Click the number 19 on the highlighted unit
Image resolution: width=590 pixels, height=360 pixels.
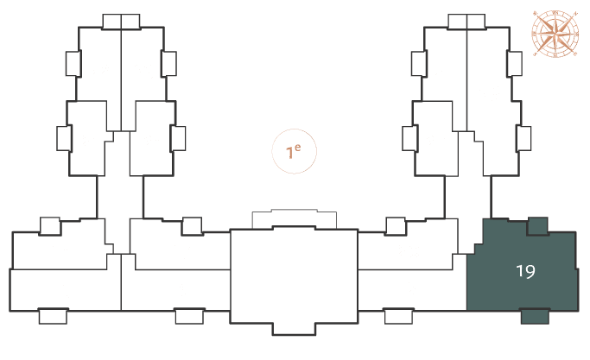[x=525, y=271]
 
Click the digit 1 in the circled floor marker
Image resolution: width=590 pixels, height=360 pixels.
[x=289, y=153]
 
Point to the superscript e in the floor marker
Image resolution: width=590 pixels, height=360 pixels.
[x=298, y=148]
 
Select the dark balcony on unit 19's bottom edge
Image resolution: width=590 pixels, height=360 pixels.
[x=535, y=316]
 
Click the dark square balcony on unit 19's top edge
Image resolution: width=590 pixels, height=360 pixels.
[x=537, y=226]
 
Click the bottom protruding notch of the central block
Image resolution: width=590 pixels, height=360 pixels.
[x=294, y=328]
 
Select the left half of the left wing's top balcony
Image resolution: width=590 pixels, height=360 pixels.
[x=111, y=22]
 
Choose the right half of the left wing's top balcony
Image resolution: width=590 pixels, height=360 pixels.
[x=130, y=22]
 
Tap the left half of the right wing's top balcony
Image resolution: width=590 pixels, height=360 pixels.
[x=458, y=22]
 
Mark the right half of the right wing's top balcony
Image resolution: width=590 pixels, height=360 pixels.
[x=476, y=22]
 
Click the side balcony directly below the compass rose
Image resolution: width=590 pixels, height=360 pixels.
[x=514, y=64]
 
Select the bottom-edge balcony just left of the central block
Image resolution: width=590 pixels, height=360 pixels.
[x=190, y=316]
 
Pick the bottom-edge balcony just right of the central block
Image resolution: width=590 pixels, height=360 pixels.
[x=398, y=316]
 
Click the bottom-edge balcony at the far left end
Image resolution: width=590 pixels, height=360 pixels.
[x=53, y=316]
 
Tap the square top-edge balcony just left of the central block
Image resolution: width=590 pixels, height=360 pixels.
[x=192, y=226]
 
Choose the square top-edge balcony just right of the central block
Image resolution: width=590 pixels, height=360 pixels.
[x=396, y=226]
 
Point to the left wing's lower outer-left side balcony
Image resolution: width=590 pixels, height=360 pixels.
[x=64, y=138]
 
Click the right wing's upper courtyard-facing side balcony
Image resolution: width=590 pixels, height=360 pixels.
[x=419, y=64]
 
